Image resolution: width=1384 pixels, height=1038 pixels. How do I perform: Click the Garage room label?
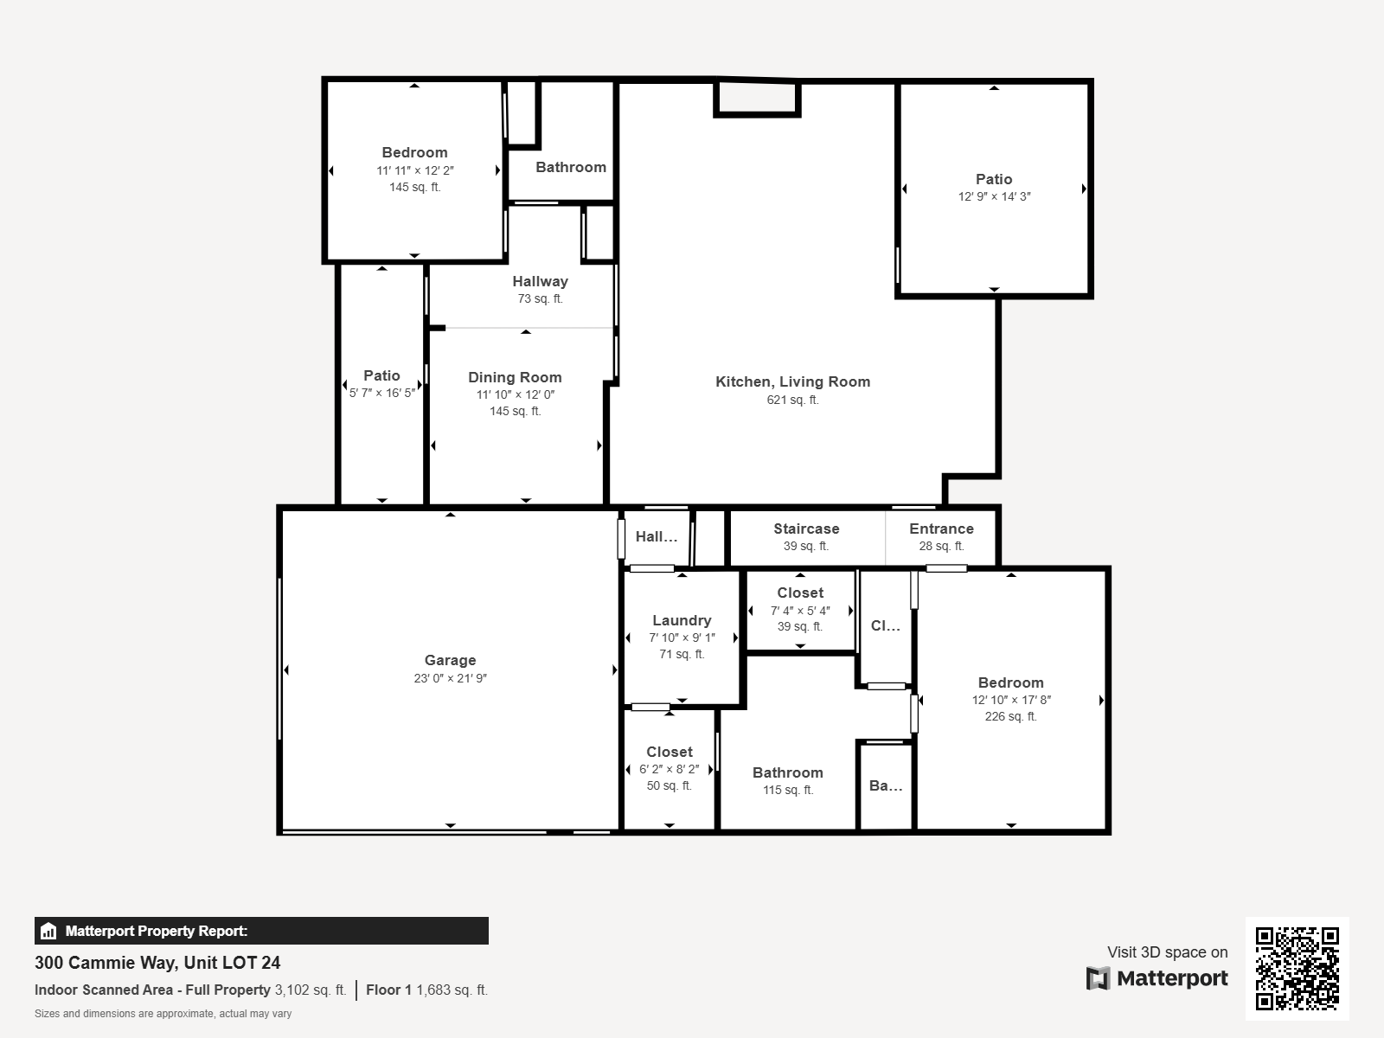tap(450, 660)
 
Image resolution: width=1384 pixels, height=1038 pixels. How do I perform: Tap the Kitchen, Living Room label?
tap(792, 381)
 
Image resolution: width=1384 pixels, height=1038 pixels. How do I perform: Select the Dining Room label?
tap(515, 377)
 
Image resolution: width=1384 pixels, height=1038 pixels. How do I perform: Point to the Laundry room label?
tap(682, 620)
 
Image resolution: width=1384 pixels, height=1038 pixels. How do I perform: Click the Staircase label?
tap(806, 529)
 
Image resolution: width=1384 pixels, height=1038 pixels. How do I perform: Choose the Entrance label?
tap(941, 529)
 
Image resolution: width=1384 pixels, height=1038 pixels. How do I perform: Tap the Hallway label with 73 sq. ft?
tap(541, 281)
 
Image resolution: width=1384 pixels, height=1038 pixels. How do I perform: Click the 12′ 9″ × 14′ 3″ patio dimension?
tap(995, 196)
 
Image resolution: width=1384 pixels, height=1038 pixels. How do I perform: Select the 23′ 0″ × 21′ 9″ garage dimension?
tap(450, 678)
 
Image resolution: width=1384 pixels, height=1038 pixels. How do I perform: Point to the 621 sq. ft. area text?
tap(792, 400)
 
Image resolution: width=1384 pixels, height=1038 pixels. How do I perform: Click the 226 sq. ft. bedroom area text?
tap(1010, 716)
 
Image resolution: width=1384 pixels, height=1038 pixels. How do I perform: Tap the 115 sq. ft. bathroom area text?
tap(788, 790)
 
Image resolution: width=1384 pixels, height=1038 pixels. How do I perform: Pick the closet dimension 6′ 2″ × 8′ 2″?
tap(669, 769)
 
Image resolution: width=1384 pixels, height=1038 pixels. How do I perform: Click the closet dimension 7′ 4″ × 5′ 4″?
tap(800, 610)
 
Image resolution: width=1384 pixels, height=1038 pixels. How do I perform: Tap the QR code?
tap(1297, 969)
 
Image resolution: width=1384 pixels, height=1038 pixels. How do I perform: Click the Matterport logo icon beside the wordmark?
tap(1098, 978)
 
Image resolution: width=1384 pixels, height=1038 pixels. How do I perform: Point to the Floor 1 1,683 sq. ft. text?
tap(426, 990)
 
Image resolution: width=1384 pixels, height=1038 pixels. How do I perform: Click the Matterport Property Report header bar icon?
tap(48, 931)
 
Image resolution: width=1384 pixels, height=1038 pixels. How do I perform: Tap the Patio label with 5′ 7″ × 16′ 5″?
tap(381, 375)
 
